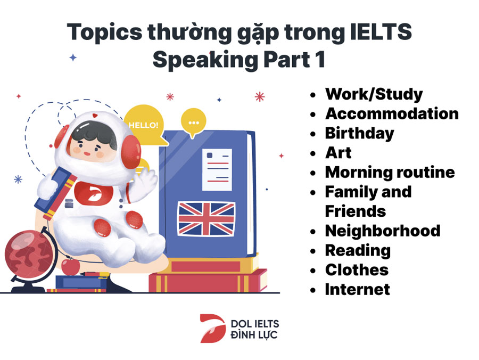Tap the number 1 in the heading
pos(321,59)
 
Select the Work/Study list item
pos(374,94)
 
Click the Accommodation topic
pos(392,113)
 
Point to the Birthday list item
pos(360,134)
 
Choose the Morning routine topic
pos(390,172)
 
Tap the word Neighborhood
pos(383,231)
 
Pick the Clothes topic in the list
pos(357,270)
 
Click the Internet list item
pos(358,289)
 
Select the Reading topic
pos(358,251)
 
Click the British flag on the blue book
pos(206,219)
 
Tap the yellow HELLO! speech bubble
pos(144,125)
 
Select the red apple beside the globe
pos(71,266)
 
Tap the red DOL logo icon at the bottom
pos(213,328)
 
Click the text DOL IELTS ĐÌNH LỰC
pos(254,330)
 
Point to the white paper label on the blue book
pos(217,169)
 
